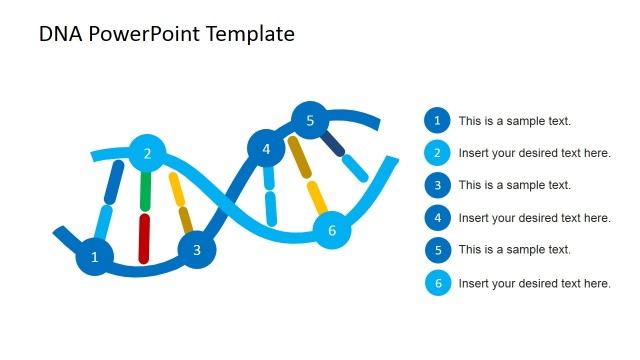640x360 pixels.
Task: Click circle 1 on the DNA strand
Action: pos(95,257)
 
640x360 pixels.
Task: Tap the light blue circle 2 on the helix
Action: pos(147,153)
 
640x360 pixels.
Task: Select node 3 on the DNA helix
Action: pos(197,250)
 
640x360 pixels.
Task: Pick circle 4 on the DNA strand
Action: pos(266,149)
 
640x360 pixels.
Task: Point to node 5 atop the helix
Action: pos(310,121)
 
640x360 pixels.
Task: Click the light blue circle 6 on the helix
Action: pos(332,230)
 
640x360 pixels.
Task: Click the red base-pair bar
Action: pos(144,238)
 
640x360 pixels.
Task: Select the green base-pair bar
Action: pos(146,189)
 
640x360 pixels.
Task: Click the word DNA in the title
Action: pos(59,34)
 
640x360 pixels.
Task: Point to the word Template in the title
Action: pos(253,34)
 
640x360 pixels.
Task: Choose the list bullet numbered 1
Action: pos(436,121)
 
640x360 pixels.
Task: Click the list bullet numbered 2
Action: pos(436,153)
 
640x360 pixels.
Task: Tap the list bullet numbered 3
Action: pos(436,185)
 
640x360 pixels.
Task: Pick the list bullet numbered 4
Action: pos(436,218)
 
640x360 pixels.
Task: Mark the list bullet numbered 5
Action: pos(436,250)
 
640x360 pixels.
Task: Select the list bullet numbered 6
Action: pos(436,283)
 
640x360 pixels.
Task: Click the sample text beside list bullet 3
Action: pos(514,185)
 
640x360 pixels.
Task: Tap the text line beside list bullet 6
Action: pos(534,283)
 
